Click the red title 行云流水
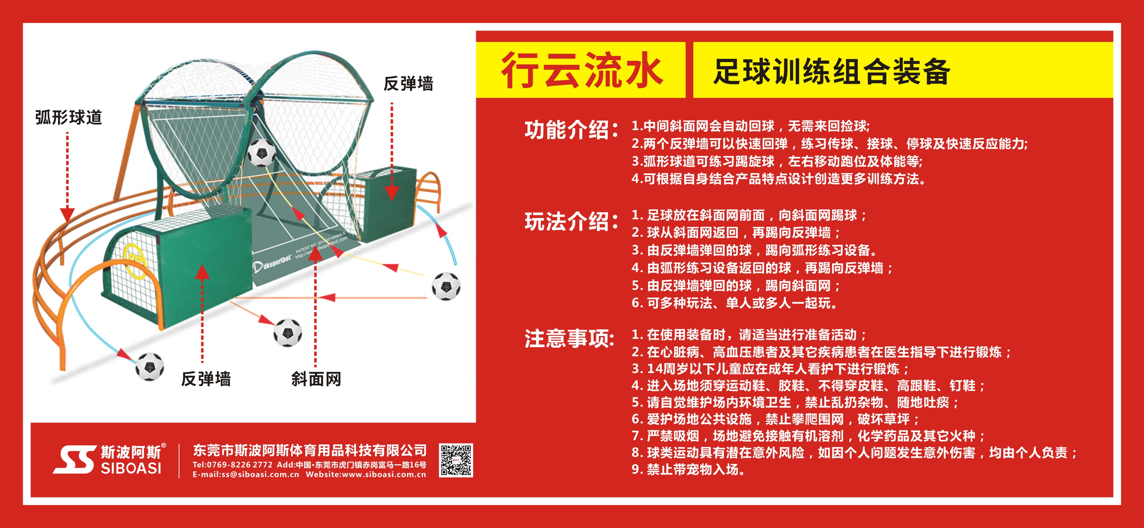coord(582,70)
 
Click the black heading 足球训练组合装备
coord(831,71)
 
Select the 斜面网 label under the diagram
coord(316,379)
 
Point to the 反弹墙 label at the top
coord(408,84)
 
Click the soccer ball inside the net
coord(262,152)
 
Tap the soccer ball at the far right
coord(446,286)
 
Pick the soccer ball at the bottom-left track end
coord(150,367)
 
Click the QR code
coord(456,460)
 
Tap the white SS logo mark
coord(75,460)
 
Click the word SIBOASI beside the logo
coord(131,468)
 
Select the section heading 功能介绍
coord(571,130)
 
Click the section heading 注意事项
coord(569,339)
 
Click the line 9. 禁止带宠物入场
coord(688,469)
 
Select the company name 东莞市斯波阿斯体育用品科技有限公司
coord(310,451)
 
